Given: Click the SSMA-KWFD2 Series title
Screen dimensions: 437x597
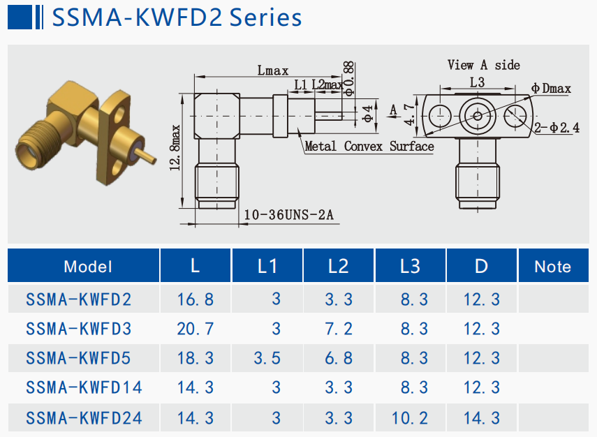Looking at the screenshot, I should [x=177, y=17].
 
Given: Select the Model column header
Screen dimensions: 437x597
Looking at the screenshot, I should [x=87, y=266].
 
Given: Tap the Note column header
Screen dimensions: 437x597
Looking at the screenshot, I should [x=552, y=266].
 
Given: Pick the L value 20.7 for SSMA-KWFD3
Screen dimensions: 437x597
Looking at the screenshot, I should [x=196, y=329].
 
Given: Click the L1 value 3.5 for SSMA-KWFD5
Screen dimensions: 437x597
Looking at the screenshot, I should [x=267, y=359].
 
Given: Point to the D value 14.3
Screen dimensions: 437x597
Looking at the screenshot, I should [x=482, y=418].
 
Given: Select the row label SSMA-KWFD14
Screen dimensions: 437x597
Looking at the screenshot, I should [x=84, y=388].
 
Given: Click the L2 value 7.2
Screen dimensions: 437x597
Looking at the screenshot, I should [x=339, y=329].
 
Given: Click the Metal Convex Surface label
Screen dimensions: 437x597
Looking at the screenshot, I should [x=369, y=147].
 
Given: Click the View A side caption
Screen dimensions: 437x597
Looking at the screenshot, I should [x=484, y=65].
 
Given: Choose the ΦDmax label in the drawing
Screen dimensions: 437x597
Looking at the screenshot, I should [x=551, y=89].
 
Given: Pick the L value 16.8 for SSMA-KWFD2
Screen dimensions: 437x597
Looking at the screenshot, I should [x=196, y=299].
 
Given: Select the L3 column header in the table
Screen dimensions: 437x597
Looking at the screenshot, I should [x=411, y=266].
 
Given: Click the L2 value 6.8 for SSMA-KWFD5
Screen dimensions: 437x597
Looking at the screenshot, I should [x=339, y=359].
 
